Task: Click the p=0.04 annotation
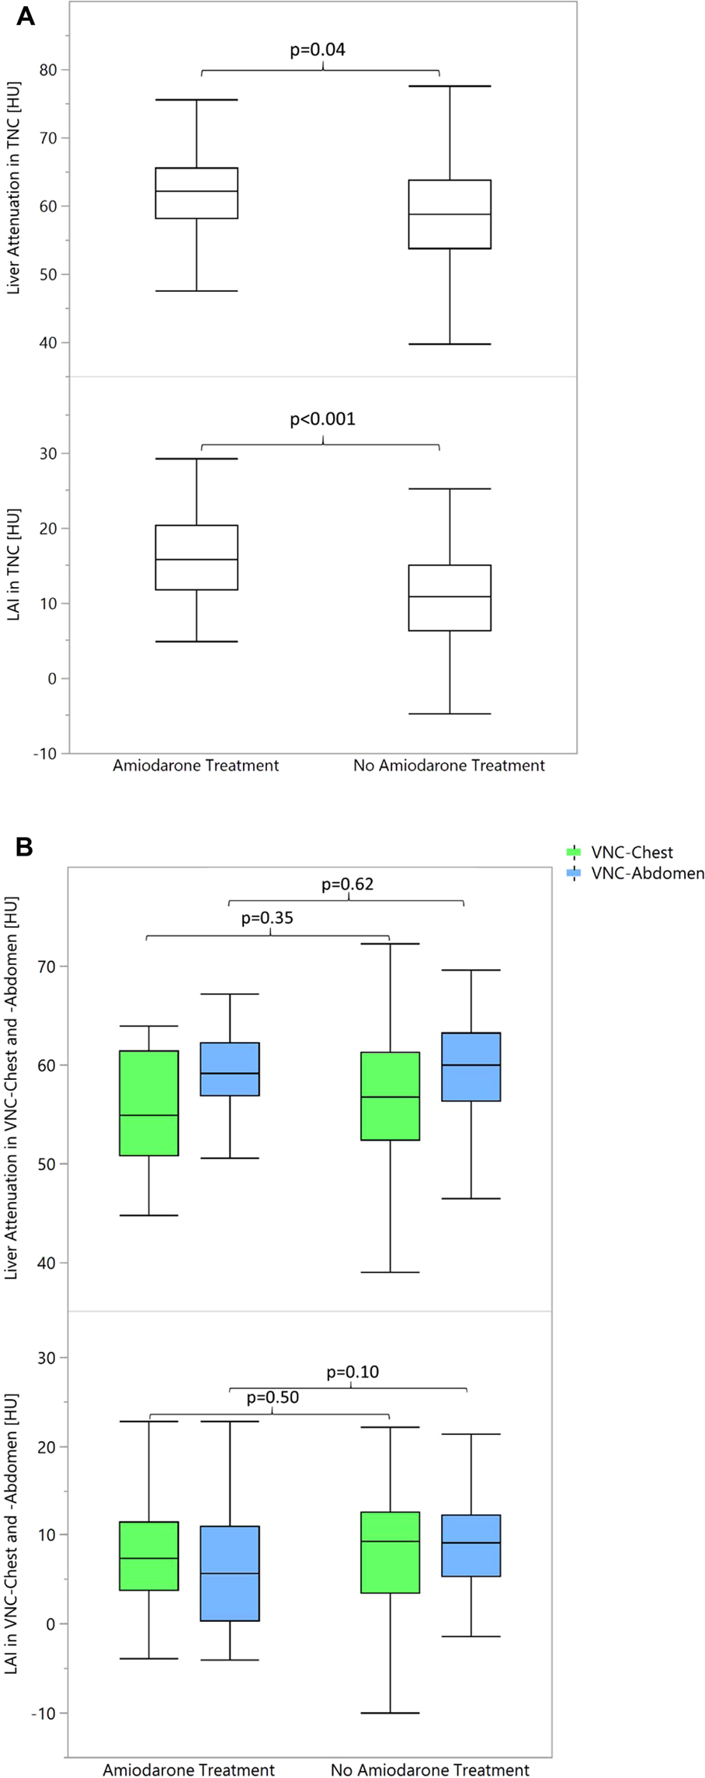(318, 50)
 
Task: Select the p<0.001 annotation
(322, 419)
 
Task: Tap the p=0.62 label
(347, 884)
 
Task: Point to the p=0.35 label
(267, 919)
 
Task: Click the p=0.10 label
(352, 1372)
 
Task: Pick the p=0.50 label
(273, 1398)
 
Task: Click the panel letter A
(25, 16)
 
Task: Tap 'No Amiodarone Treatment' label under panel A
(449, 766)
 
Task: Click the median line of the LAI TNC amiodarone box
(196, 560)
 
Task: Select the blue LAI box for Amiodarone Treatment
(230, 1573)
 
